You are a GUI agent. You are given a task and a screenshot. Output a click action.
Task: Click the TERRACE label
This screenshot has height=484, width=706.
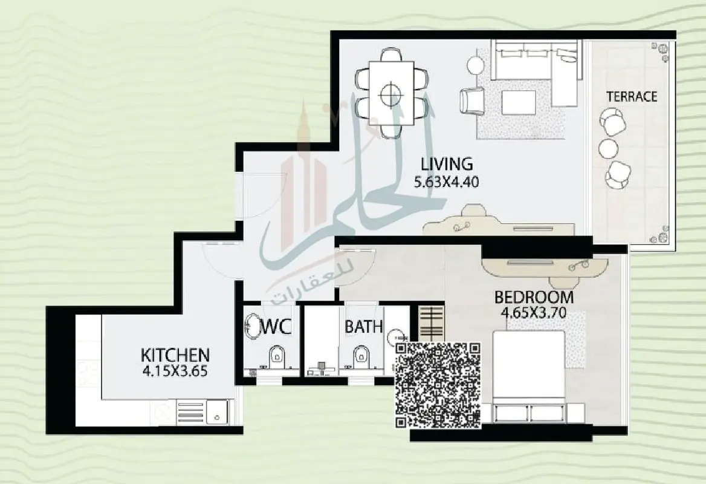[632, 96]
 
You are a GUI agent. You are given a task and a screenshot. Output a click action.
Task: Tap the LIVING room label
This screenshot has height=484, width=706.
[447, 163]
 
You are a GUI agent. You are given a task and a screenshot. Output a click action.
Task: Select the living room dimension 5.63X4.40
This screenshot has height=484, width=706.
[446, 182]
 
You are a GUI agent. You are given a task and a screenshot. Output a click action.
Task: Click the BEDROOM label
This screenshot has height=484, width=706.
[534, 298]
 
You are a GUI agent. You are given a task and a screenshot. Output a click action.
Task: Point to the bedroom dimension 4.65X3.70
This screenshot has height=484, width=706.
[534, 313]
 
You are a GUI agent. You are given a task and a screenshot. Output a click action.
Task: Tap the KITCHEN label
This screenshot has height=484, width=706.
[175, 355]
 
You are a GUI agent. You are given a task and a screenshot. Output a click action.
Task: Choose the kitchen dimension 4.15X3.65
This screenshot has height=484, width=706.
[175, 371]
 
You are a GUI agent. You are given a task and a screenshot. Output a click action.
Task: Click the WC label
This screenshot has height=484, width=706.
[276, 326]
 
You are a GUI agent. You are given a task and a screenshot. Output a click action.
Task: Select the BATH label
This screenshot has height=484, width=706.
[363, 327]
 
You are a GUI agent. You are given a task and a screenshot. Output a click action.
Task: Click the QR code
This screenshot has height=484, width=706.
[438, 385]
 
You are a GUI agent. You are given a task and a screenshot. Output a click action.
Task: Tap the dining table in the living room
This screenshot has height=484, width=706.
[391, 94]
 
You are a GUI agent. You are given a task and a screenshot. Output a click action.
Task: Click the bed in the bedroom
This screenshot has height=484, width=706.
[529, 377]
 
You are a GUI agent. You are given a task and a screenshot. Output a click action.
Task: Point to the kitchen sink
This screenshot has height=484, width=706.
[217, 412]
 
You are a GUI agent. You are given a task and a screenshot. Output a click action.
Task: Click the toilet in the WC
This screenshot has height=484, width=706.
[276, 358]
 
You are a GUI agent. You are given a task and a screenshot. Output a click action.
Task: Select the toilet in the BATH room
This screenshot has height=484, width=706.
[361, 357]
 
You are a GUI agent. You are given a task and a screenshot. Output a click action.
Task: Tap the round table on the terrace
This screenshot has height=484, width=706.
[608, 148]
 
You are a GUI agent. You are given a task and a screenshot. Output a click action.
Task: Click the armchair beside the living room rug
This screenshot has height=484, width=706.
[472, 101]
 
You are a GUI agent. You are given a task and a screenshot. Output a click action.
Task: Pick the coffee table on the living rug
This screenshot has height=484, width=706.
[519, 102]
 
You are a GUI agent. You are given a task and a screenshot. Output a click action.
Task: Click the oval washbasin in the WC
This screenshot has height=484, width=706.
[251, 326]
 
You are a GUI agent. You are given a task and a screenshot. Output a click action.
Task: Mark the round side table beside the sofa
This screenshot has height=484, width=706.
[476, 65]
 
